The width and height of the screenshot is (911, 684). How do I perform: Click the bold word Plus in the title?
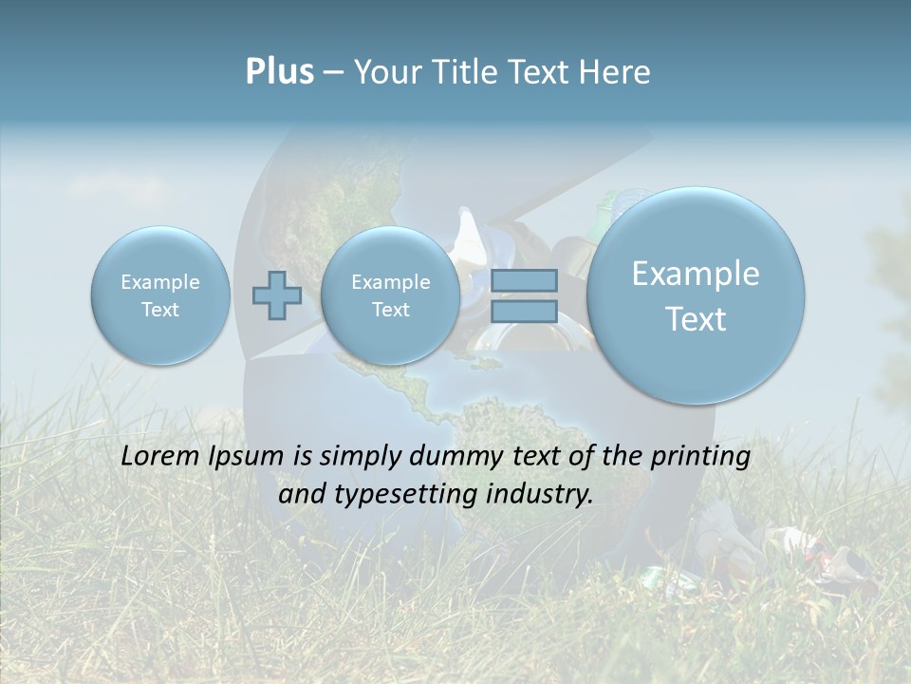tap(279, 72)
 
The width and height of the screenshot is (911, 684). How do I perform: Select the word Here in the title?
tap(617, 72)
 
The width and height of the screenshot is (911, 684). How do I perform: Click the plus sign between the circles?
tap(276, 295)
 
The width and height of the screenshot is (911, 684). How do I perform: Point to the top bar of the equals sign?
tap(524, 280)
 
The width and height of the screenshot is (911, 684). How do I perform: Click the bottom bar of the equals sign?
tap(524, 311)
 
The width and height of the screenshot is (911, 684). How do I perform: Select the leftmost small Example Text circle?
tap(160, 295)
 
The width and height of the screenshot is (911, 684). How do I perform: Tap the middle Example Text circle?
tap(390, 295)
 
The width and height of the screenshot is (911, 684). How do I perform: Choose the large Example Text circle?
tap(696, 295)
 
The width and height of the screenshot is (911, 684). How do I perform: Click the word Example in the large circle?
tap(696, 274)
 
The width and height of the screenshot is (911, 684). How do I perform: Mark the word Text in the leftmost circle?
tap(160, 310)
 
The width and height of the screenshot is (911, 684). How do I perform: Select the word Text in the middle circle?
tap(390, 310)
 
